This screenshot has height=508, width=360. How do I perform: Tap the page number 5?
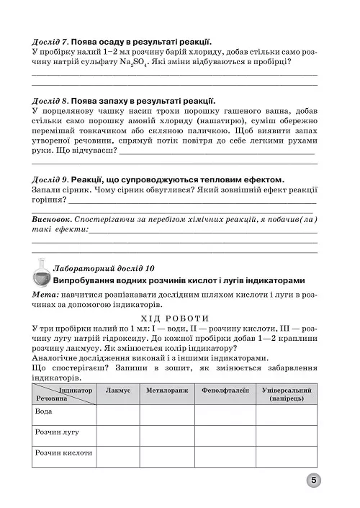pyautogui.click(x=314, y=481)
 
